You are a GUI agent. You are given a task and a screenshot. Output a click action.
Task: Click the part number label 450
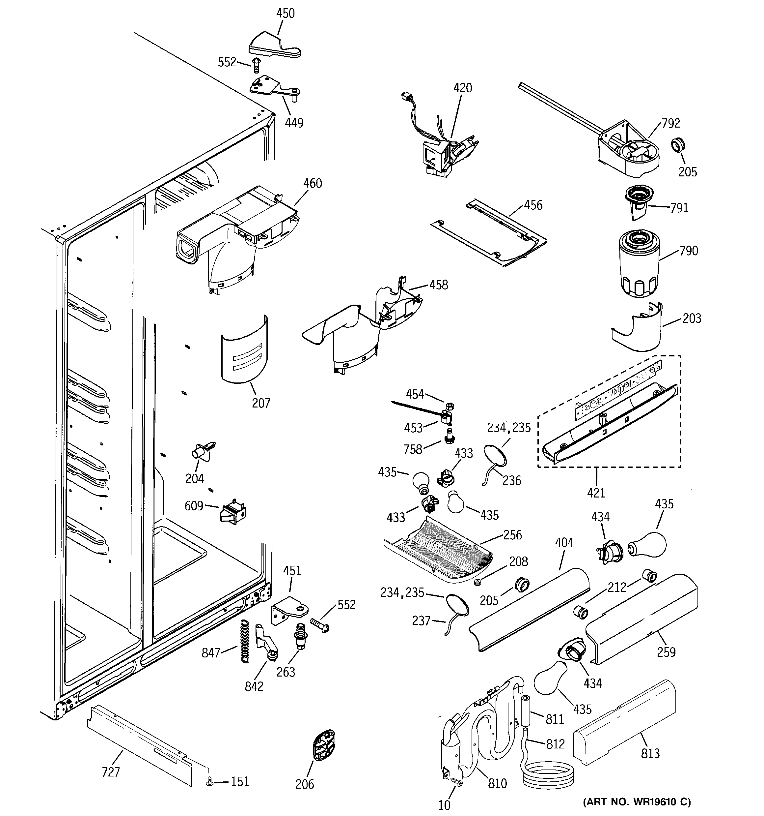point(285,14)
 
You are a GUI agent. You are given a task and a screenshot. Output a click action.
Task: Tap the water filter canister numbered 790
point(638,263)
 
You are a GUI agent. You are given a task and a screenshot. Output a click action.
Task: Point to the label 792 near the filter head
point(670,123)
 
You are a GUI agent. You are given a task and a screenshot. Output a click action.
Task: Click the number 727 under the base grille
point(111,772)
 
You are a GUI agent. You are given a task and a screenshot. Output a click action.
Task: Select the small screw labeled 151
point(209,782)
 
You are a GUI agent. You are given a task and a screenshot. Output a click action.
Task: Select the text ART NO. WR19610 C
point(637,801)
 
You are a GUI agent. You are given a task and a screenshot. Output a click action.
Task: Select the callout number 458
point(438,285)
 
